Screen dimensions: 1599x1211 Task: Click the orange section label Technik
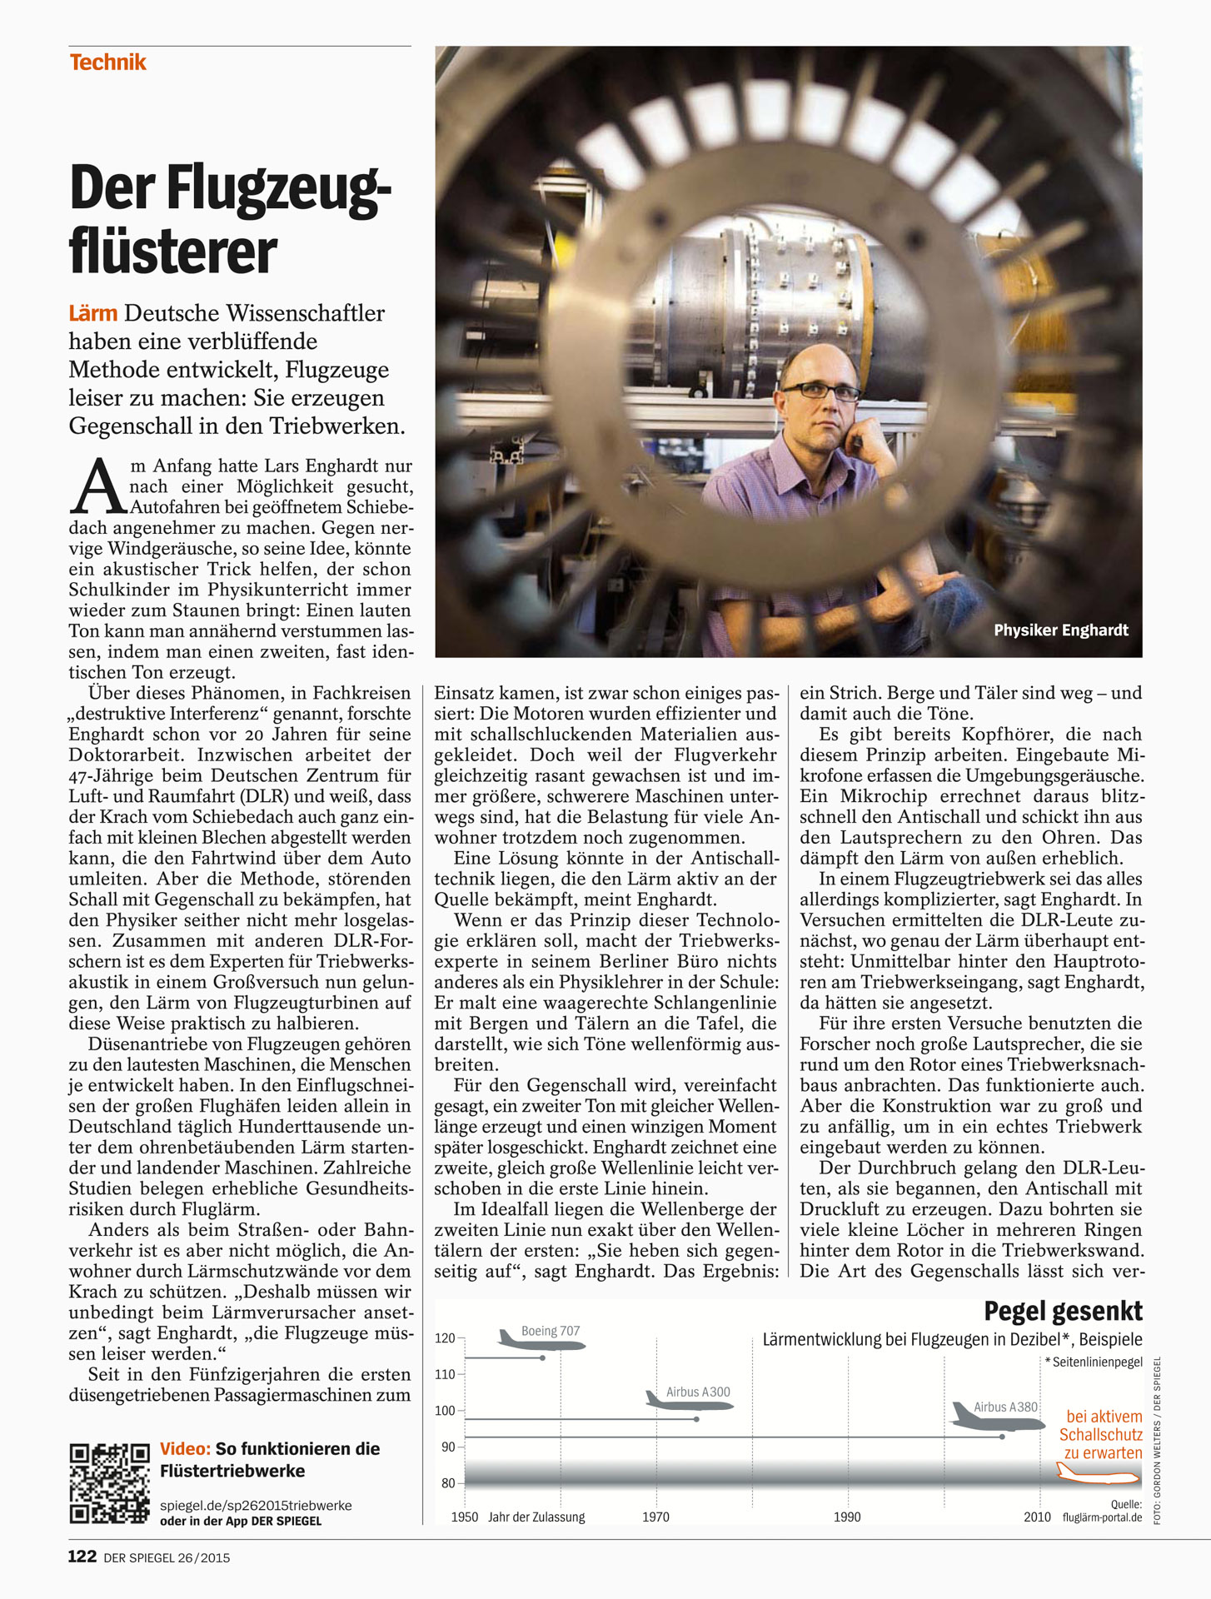107,62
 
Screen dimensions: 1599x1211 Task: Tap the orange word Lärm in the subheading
92,314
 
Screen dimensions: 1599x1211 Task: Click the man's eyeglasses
820,390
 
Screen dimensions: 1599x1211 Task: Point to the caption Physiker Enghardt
1060,630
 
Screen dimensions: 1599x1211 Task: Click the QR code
109,1483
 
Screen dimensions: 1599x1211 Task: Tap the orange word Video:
185,1449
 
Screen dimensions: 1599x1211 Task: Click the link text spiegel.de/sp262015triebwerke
256,1506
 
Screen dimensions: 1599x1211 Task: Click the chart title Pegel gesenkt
1063,1312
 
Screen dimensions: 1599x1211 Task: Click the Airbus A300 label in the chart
698,1392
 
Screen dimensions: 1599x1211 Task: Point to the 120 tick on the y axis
445,1338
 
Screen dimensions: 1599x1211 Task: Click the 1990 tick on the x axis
847,1517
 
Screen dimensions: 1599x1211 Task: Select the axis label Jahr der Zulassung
536,1517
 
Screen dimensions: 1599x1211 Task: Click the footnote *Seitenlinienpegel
1094,1362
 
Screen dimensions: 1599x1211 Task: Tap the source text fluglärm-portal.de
1102,1517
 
